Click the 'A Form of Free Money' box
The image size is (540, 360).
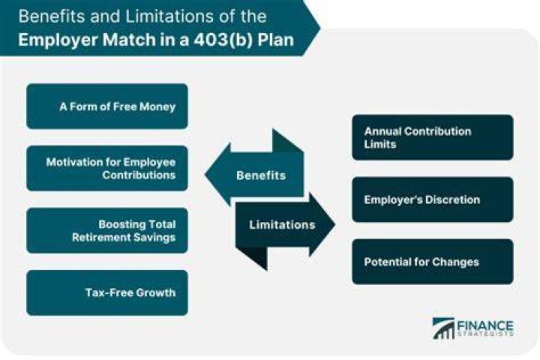click(x=107, y=106)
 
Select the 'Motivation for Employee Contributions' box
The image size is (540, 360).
click(x=107, y=169)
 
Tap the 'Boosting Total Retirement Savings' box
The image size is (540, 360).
click(x=107, y=230)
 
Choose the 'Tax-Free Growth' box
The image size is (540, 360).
click(x=107, y=292)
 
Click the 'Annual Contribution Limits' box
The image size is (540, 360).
click(x=433, y=137)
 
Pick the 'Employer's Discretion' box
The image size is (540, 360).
click(x=433, y=199)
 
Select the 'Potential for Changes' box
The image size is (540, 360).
click(x=433, y=262)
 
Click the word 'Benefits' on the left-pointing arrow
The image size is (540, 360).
click(x=261, y=175)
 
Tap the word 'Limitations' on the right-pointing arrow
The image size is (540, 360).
click(x=282, y=224)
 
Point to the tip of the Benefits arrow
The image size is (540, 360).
click(x=205, y=174)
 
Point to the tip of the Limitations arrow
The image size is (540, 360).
click(x=334, y=224)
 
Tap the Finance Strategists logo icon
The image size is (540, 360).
click(x=443, y=328)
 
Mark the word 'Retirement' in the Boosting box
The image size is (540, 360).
click(x=97, y=237)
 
